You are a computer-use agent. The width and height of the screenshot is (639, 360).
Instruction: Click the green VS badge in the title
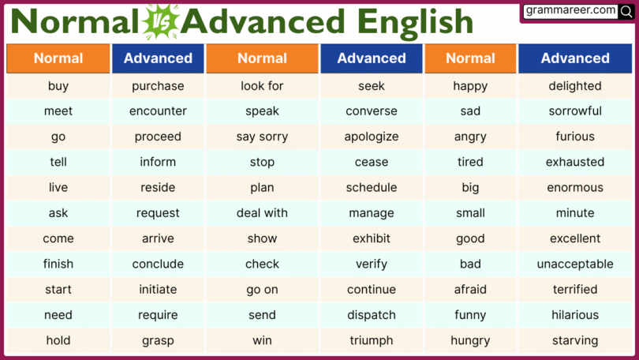pos(161,21)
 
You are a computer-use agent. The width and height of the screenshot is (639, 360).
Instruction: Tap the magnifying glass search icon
pos(626,11)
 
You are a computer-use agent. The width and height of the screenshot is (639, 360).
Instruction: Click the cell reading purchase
pos(158,86)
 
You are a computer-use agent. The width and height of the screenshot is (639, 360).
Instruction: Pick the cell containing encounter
pos(158,111)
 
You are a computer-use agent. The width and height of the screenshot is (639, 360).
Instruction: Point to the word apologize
pos(372,137)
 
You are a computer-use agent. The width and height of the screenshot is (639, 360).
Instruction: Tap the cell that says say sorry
pos(262,137)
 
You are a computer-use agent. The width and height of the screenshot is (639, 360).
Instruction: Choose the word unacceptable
pos(575,264)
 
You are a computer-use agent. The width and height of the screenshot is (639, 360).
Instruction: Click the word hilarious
pos(575,315)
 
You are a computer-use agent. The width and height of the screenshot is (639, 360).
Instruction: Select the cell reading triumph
pos(372,340)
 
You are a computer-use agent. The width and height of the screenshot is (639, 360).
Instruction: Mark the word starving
pos(575,340)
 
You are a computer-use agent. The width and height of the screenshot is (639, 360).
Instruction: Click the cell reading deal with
pos(262,213)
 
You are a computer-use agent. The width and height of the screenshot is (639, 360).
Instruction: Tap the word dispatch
pos(372,315)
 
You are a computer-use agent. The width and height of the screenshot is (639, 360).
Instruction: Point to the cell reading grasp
pos(158,340)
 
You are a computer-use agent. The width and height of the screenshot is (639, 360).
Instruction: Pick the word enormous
pos(575,188)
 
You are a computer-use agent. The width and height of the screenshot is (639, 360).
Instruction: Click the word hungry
pos(470,340)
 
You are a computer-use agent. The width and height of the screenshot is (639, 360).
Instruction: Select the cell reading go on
pos(262,290)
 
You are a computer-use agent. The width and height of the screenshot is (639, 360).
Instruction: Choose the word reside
pos(158,188)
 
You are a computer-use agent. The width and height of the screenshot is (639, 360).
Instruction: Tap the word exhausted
pos(575,162)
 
